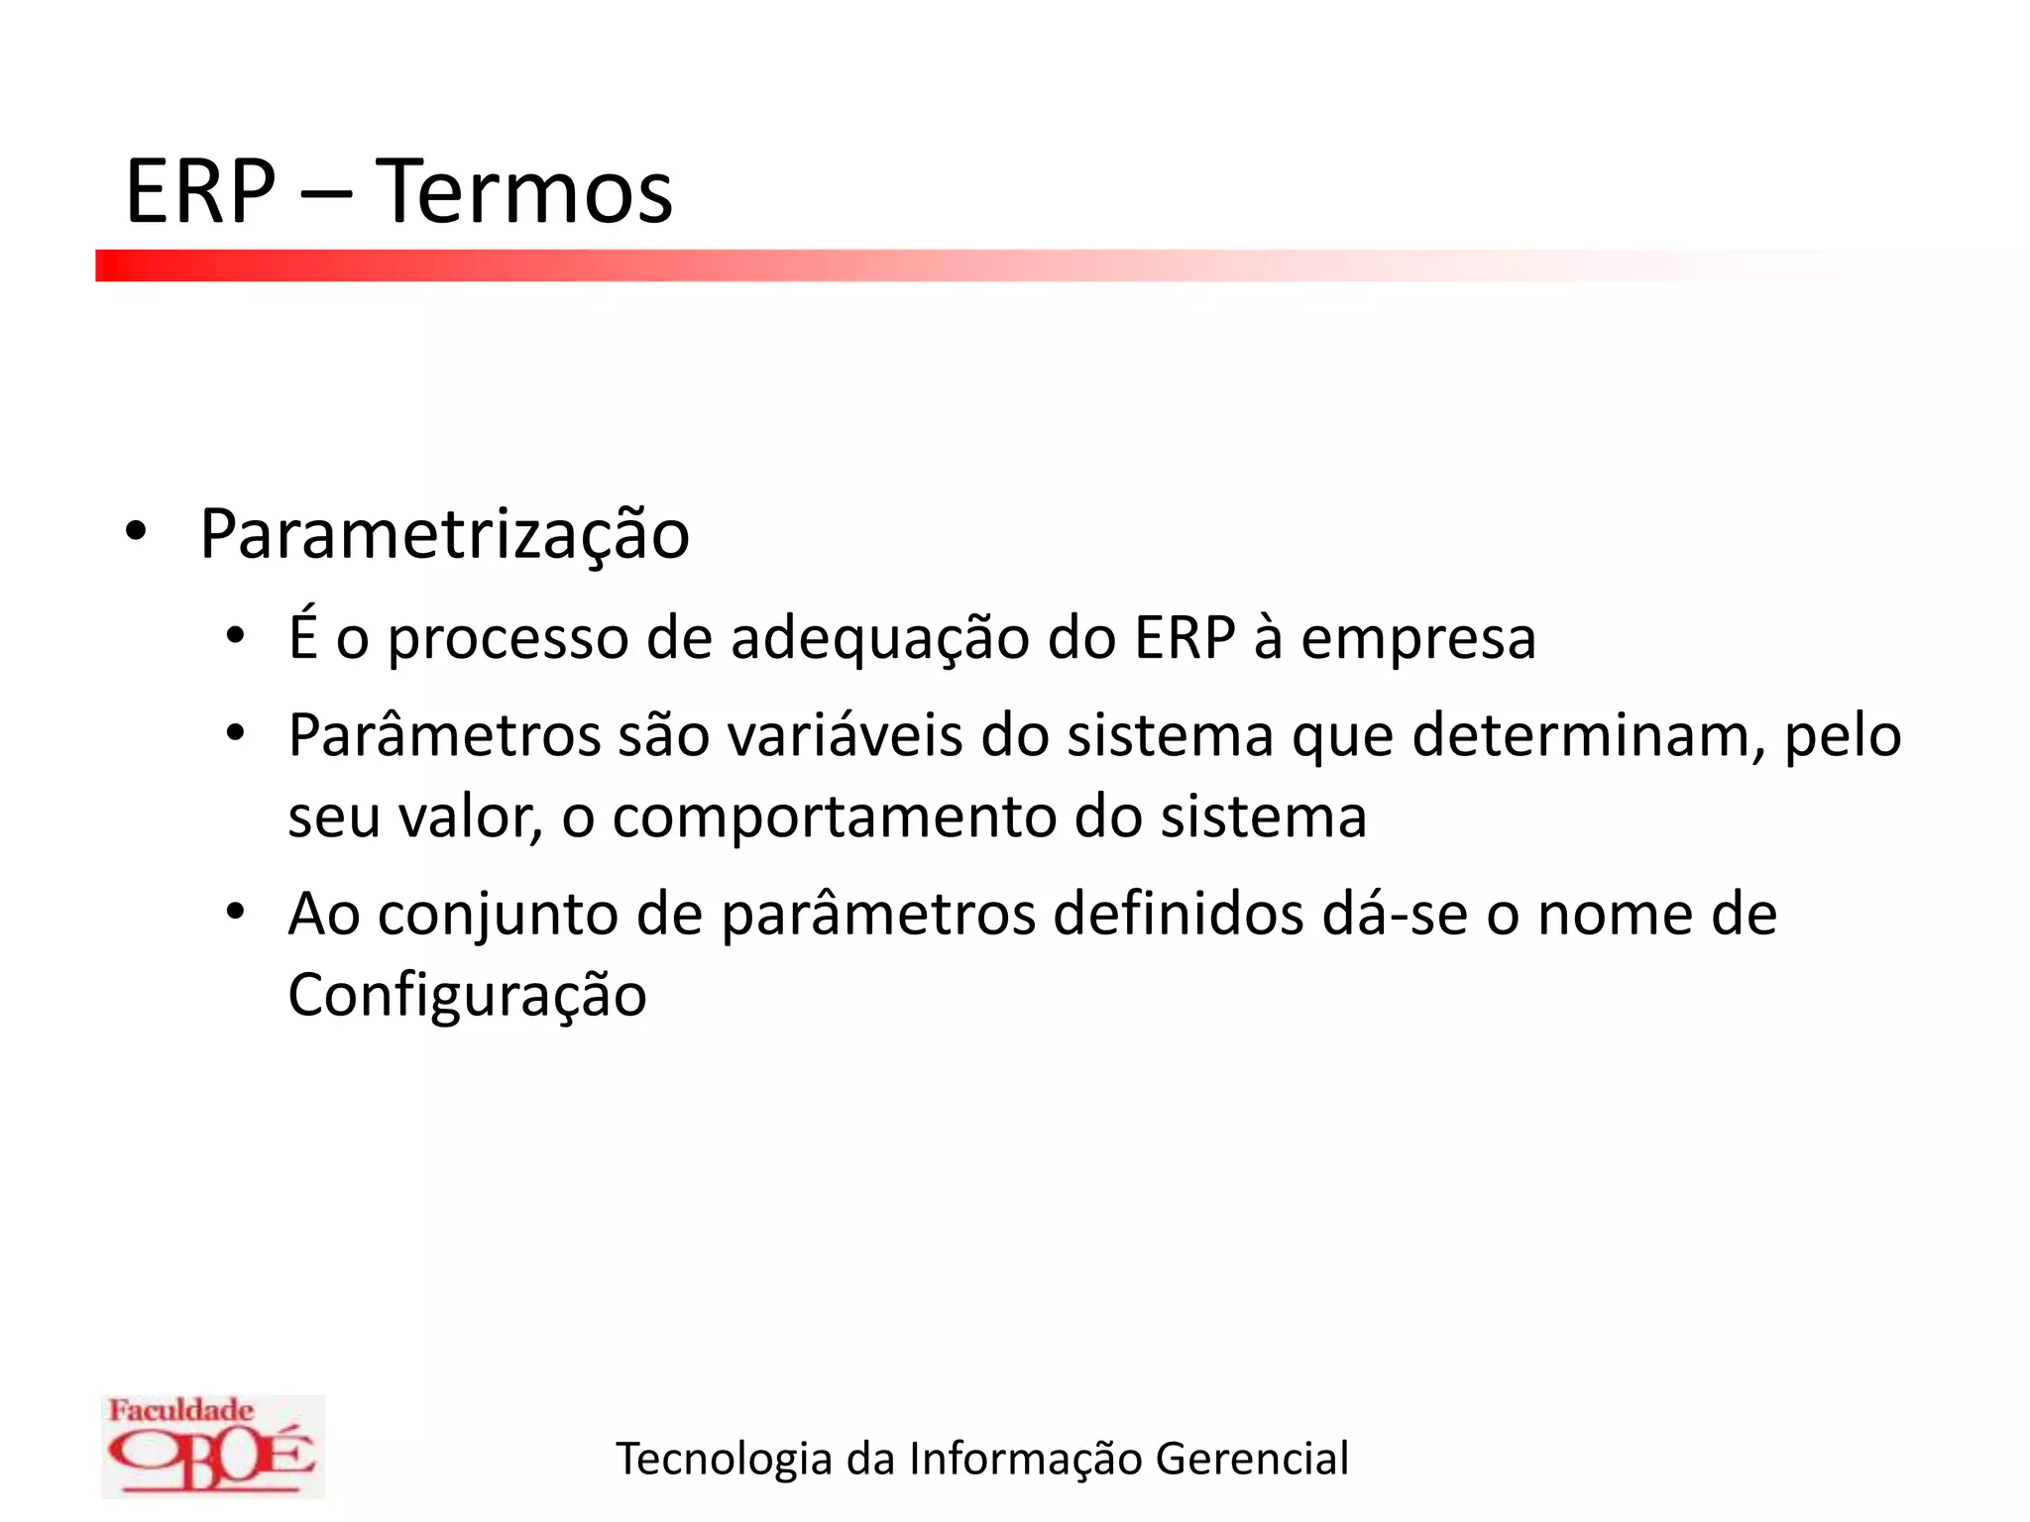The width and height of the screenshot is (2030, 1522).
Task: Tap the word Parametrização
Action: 444,536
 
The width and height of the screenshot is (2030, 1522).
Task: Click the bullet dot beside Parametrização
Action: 136,532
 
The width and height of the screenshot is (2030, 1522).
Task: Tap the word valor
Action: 470,817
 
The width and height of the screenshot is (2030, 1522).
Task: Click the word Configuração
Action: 467,996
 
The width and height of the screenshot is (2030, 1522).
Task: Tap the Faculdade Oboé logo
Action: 212,1446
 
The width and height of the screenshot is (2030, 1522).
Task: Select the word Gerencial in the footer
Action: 1252,1459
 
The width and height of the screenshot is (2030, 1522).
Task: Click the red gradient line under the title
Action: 694,266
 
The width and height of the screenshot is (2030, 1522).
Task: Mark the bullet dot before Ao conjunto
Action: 235,911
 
